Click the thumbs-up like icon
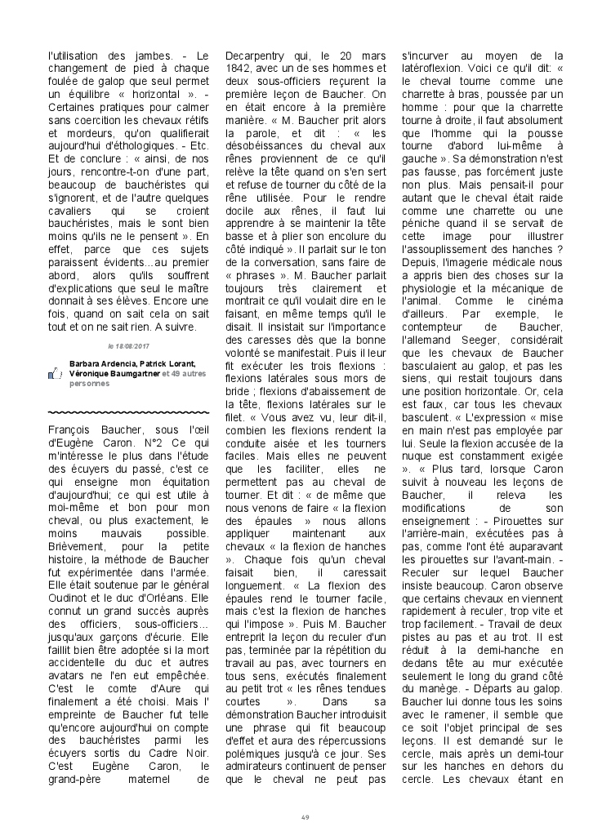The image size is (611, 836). pos(56,373)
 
